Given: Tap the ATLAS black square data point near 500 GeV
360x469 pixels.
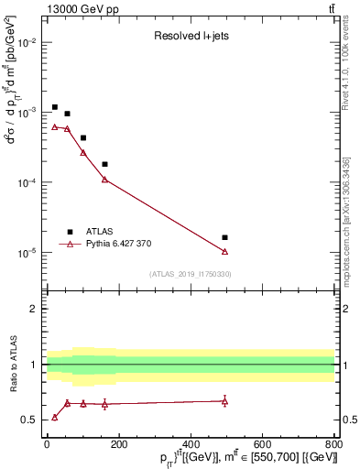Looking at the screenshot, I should point(225,237).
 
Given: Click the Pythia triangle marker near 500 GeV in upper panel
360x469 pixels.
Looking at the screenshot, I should point(225,251).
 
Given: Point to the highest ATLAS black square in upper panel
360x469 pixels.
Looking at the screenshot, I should point(55,107).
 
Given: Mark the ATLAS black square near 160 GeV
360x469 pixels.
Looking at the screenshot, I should point(104,164).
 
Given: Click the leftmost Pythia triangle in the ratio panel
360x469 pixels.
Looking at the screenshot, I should point(55,417).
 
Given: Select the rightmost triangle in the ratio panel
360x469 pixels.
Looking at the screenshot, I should point(225,401).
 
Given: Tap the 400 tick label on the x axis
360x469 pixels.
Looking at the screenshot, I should point(191,444).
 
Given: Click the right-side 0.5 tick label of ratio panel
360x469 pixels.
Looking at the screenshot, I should point(348,420).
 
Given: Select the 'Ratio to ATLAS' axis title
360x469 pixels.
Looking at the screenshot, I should point(13,365).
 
